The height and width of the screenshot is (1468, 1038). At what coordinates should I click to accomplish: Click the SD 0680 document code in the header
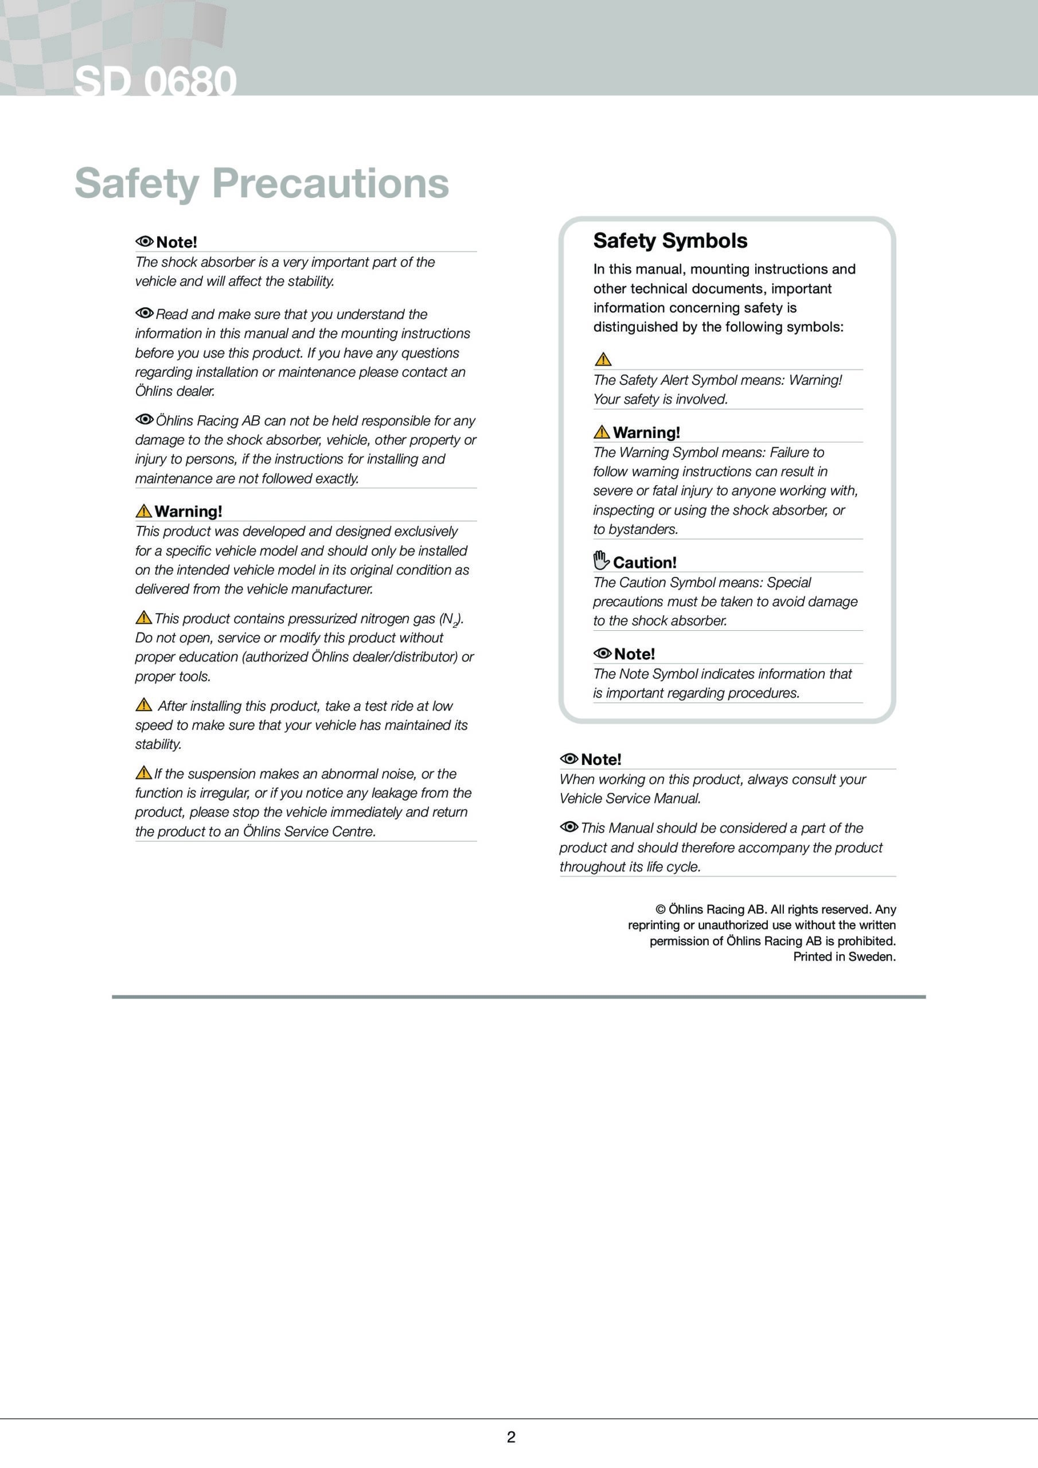155,81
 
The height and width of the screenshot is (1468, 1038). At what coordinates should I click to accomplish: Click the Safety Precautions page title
262,183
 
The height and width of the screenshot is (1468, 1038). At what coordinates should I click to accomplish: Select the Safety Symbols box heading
670,240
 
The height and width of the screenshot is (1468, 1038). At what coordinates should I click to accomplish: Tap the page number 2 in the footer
511,1436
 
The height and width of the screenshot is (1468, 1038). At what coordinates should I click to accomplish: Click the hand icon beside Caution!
601,560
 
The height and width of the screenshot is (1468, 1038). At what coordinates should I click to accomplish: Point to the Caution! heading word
644,563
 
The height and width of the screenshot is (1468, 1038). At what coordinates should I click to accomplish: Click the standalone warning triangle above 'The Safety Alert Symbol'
603,359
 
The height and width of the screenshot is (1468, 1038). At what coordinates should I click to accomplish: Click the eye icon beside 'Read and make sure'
145,313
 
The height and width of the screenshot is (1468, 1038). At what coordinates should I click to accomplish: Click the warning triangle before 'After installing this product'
144,705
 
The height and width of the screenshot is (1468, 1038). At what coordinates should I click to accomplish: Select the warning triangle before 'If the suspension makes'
143,772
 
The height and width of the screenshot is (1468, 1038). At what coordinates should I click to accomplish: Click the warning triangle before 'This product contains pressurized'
143,617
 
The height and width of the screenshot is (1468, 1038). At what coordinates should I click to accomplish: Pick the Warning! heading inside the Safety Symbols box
646,433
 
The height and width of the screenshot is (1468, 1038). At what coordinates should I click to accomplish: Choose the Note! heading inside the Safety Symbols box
634,654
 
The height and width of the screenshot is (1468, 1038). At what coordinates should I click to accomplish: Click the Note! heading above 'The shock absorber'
177,243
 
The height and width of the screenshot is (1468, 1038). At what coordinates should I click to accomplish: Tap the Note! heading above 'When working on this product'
600,760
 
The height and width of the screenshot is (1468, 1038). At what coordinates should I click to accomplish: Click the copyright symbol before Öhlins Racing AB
660,909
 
